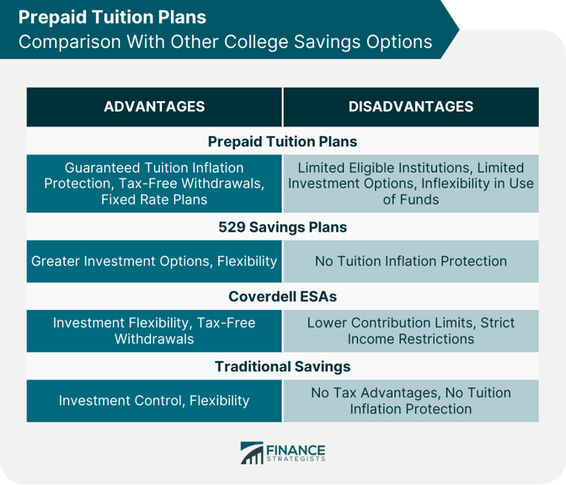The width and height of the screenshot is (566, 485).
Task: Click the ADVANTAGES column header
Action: [154, 106]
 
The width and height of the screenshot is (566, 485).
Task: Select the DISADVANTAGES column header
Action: [410, 106]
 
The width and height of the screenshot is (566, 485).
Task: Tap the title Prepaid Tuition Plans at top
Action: [113, 16]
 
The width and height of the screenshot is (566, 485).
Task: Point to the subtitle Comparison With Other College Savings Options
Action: [225, 41]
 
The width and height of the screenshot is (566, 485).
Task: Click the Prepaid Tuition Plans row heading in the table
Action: [282, 141]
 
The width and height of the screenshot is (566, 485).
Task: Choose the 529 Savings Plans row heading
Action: [282, 227]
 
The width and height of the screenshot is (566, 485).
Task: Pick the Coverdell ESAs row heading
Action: [282, 296]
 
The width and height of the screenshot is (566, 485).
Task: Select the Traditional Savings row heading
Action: [282, 366]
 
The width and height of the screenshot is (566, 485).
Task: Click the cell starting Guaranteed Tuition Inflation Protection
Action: [154, 183]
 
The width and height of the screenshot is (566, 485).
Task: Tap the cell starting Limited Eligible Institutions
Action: [410, 183]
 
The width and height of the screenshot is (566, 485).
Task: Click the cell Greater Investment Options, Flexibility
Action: [154, 261]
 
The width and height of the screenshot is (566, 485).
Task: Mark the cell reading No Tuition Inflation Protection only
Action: [410, 261]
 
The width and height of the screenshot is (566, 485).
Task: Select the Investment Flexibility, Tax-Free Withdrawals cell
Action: [154, 331]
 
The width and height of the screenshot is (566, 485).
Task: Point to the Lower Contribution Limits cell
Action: [410, 331]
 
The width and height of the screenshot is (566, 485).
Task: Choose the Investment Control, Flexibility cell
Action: [154, 401]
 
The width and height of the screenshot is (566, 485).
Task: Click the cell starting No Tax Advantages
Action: [410, 401]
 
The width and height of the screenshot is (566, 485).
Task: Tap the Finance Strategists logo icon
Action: [252, 453]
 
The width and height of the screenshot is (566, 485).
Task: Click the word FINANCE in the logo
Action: [296, 450]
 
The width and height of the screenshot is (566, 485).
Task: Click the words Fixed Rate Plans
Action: [154, 199]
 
